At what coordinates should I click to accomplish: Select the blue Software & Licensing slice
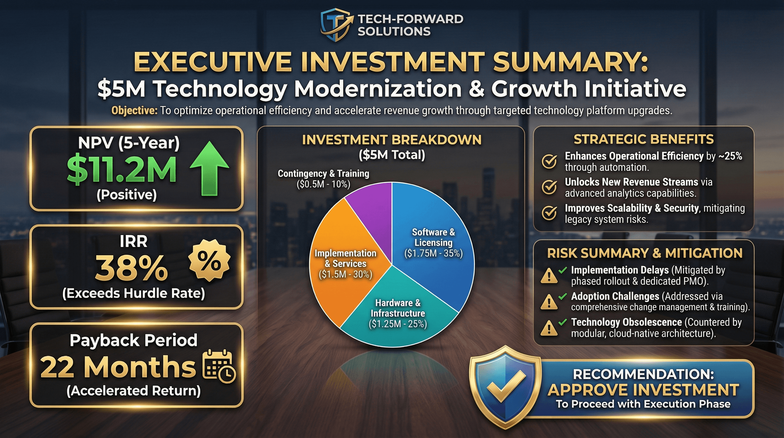(432, 244)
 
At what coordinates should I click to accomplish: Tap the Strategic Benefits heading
(643, 139)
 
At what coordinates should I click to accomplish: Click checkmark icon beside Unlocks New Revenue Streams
(549, 187)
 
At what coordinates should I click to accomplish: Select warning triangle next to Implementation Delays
(549, 276)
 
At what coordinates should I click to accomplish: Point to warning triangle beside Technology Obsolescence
(549, 328)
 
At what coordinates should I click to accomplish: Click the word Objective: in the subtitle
(134, 110)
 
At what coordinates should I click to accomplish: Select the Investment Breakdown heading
(392, 139)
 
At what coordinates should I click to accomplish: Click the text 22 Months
(118, 367)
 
